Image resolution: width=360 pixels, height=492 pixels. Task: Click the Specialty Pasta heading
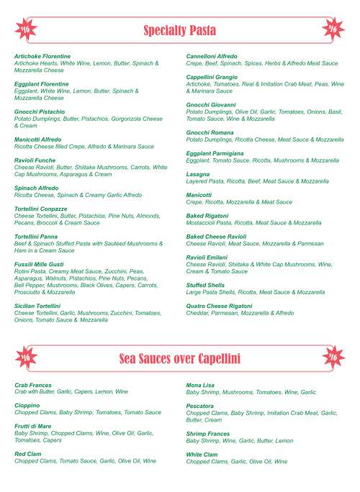180,31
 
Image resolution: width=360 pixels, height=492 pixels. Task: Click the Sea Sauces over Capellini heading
179,357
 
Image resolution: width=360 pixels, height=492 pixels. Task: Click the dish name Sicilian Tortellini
40,306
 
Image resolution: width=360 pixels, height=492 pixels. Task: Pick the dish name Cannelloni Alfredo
212,55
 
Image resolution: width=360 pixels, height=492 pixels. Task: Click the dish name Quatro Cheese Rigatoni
220,306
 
